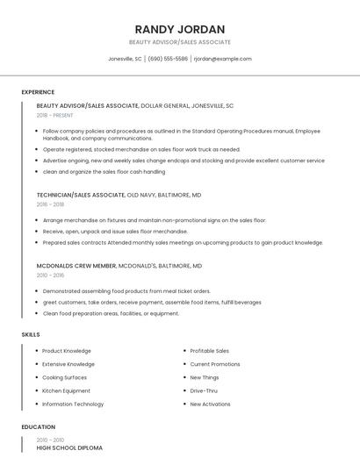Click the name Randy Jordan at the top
click(179, 29)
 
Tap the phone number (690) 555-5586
click(168, 59)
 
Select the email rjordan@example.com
click(222, 59)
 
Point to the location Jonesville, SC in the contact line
click(125, 59)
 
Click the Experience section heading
click(38, 92)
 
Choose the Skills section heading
click(31, 334)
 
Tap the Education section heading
click(38, 426)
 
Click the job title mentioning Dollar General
click(135, 105)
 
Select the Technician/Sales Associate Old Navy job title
click(119, 195)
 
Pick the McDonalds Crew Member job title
click(119, 265)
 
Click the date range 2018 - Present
click(54, 115)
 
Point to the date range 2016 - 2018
click(50, 204)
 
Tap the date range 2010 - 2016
click(50, 275)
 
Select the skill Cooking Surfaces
click(64, 377)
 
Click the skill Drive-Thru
click(204, 390)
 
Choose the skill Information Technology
click(73, 404)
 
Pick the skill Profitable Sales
click(209, 351)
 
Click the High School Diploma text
click(69, 447)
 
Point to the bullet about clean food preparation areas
click(111, 313)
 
